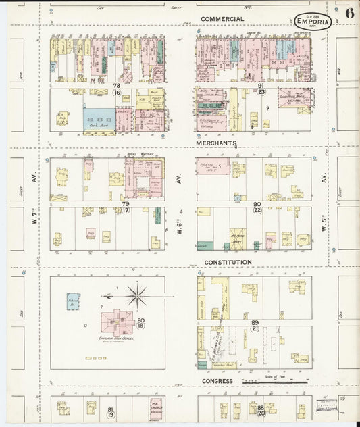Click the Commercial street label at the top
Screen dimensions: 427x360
coord(222,18)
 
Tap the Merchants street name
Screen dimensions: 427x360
coord(216,144)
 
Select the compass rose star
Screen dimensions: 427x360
coord(137,295)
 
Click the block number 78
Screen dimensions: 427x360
coord(116,86)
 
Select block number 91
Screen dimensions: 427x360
coord(261,86)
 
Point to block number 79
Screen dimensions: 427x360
coord(125,203)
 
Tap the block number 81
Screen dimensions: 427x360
coord(111,409)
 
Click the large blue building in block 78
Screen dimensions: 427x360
coord(99,120)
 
